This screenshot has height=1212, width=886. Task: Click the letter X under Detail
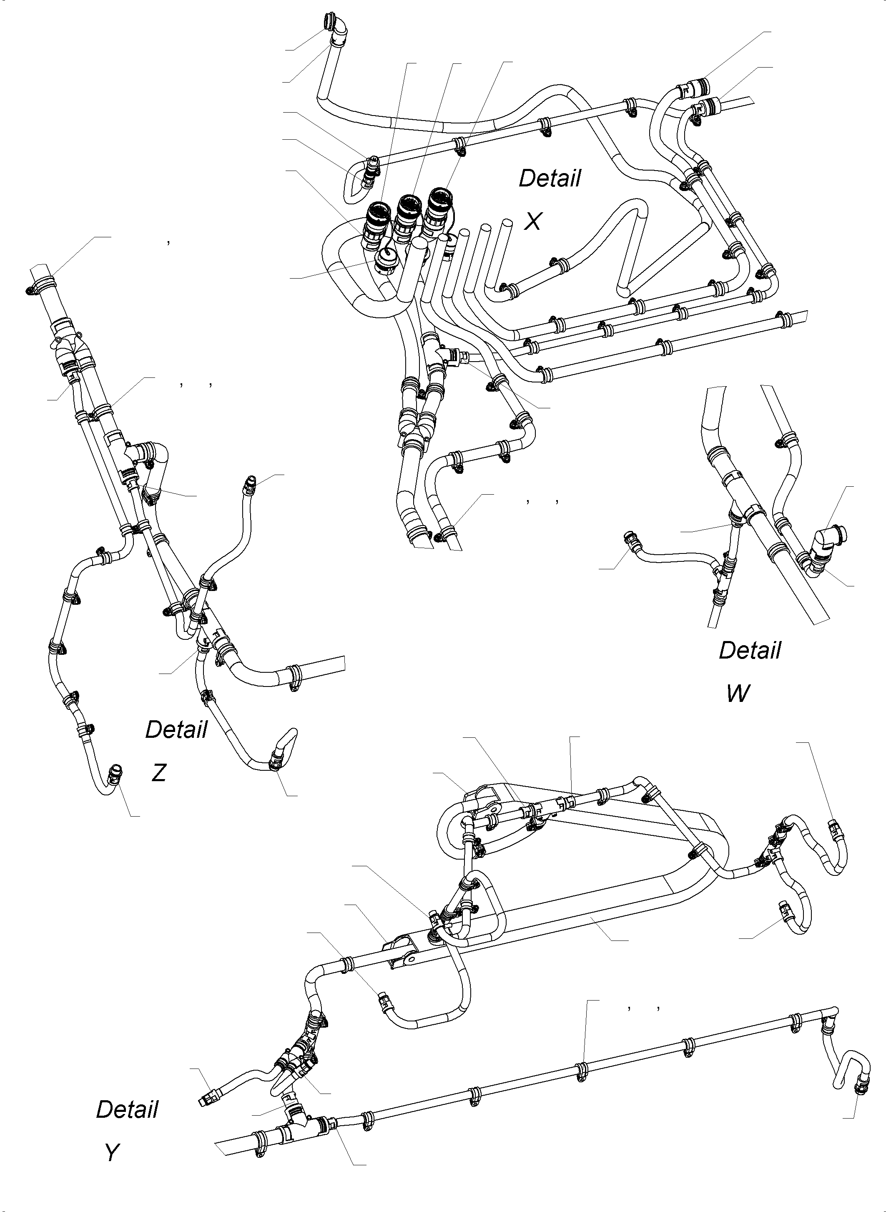(532, 221)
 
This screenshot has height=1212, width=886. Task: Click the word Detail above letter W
(750, 651)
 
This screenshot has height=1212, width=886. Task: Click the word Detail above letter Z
(176, 730)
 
